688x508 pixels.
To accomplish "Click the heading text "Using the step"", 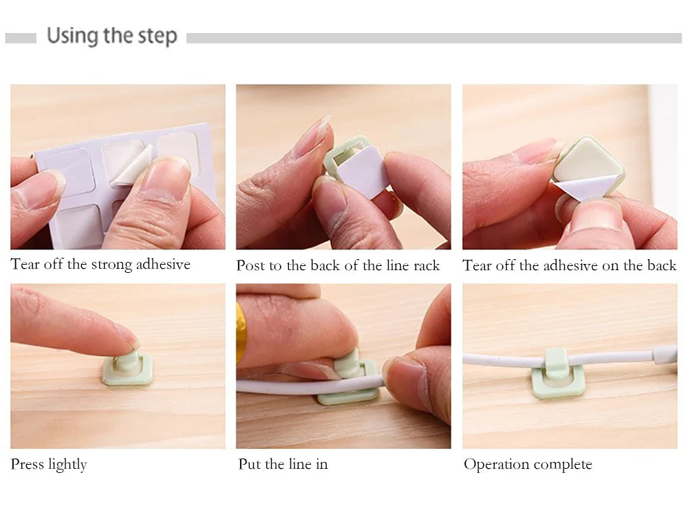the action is pos(112,36).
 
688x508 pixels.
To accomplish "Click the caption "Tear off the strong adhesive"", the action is pos(100,264).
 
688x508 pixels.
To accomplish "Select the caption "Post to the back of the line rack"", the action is pos(338,265).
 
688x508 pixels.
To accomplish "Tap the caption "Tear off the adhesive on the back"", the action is pos(570,265).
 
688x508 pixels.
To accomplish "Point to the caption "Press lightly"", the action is pos(49,464).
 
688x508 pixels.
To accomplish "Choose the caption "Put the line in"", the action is pos(283,464).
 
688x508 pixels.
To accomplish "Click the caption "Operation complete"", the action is pos(528,464).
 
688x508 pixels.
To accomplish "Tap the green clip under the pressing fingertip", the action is pos(128,368).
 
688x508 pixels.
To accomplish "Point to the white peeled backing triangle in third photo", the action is pos(579,190).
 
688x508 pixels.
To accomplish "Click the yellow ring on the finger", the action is pos(240,333).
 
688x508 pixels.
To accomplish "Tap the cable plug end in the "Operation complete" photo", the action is pos(665,355).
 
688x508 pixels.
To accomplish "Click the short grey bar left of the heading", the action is pos(21,38).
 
